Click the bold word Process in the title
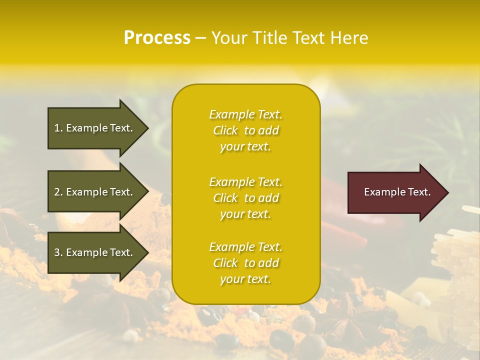coord(157,38)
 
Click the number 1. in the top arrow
coord(58,128)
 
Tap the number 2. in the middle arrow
coord(58,192)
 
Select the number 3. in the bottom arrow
coord(58,252)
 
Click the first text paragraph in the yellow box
coord(245,130)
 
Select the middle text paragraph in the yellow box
coord(245,198)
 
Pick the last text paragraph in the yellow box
coord(245,263)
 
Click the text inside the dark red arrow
coord(397,192)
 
